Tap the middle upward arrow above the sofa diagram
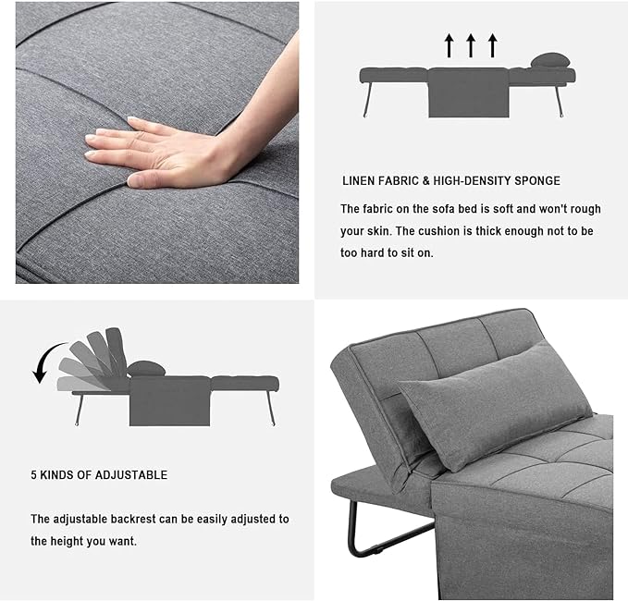tap(471, 45)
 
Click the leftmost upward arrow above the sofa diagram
tap(449, 45)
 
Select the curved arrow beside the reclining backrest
tap(46, 359)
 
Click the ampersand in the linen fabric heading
tap(425, 181)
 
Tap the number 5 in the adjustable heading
tap(33, 475)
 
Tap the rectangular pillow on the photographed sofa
tap(496, 405)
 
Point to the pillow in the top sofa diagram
tap(550, 60)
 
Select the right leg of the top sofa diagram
tap(559, 100)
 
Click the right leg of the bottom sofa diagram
tap(271, 409)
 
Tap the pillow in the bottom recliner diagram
tap(146, 369)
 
